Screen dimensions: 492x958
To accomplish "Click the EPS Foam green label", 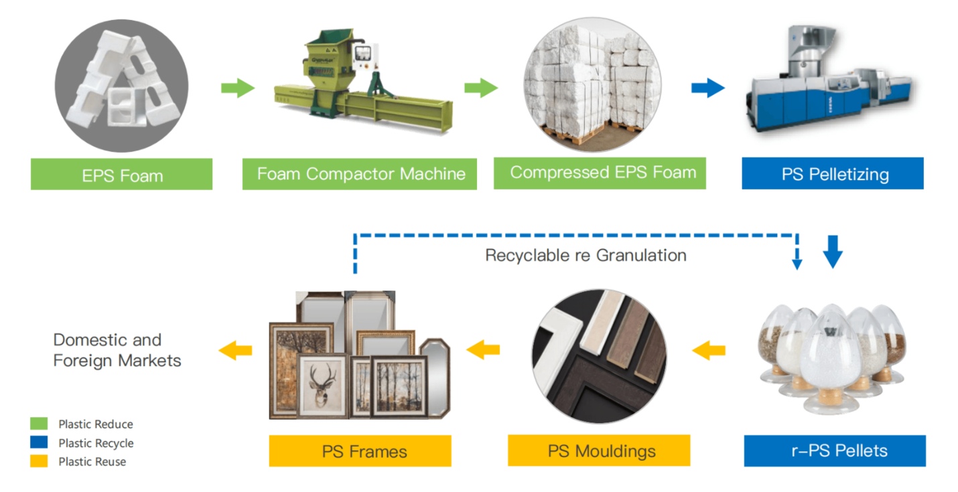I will [121, 175].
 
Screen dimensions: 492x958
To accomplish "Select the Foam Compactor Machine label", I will [360, 174].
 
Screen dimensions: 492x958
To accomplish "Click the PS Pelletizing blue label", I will [832, 174].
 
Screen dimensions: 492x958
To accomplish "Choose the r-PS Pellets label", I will [835, 450].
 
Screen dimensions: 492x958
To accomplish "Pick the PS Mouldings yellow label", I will [598, 450].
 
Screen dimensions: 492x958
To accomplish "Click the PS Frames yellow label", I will [360, 451].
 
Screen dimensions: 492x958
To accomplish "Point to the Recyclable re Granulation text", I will [586, 255].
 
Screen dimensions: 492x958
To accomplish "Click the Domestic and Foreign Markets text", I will [117, 350].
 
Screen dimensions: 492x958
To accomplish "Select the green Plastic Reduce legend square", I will [39, 424].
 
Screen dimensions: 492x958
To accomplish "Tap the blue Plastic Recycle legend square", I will [39, 442].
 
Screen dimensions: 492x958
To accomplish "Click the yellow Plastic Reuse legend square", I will [39, 461].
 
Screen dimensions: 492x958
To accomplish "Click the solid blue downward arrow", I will [832, 252].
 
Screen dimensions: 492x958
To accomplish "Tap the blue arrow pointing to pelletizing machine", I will [707, 88].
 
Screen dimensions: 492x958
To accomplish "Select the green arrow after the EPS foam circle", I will [237, 88].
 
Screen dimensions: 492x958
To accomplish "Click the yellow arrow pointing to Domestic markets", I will [235, 349].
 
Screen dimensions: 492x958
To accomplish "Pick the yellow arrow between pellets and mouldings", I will [708, 349].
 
